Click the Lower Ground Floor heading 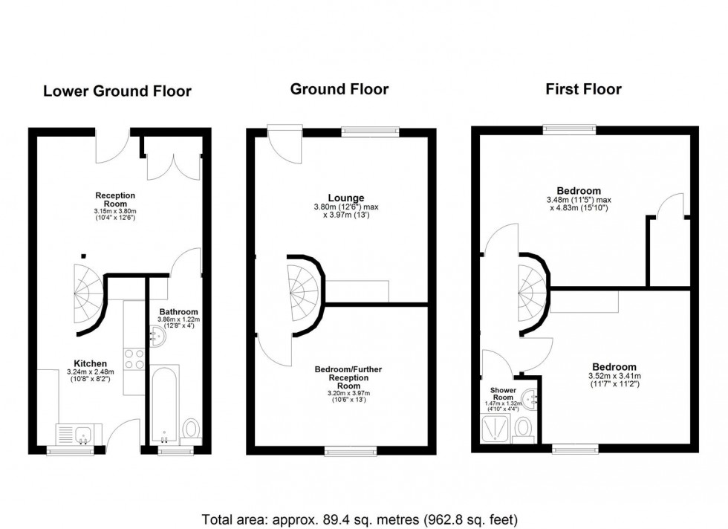point(117,91)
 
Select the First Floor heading point(583,89)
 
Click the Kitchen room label point(90,363)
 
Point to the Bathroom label point(178,311)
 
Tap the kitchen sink point(73,433)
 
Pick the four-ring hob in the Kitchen point(134,359)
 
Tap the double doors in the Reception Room point(173,158)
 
